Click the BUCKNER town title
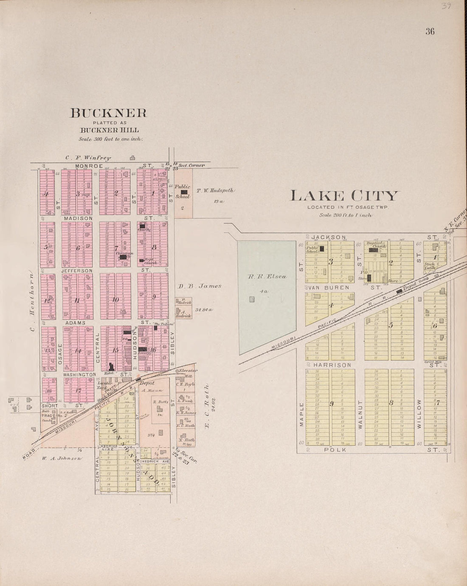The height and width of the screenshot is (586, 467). click(108, 113)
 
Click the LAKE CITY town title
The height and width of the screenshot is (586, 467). click(344, 196)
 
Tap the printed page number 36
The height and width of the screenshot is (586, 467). click(430, 31)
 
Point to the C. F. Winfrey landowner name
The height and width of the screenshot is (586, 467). click(88, 158)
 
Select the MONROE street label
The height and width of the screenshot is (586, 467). click(90, 166)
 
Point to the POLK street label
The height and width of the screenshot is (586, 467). click(335, 449)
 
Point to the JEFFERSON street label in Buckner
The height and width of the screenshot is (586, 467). click(77, 270)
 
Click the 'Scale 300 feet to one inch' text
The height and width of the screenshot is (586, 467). click(110, 139)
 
